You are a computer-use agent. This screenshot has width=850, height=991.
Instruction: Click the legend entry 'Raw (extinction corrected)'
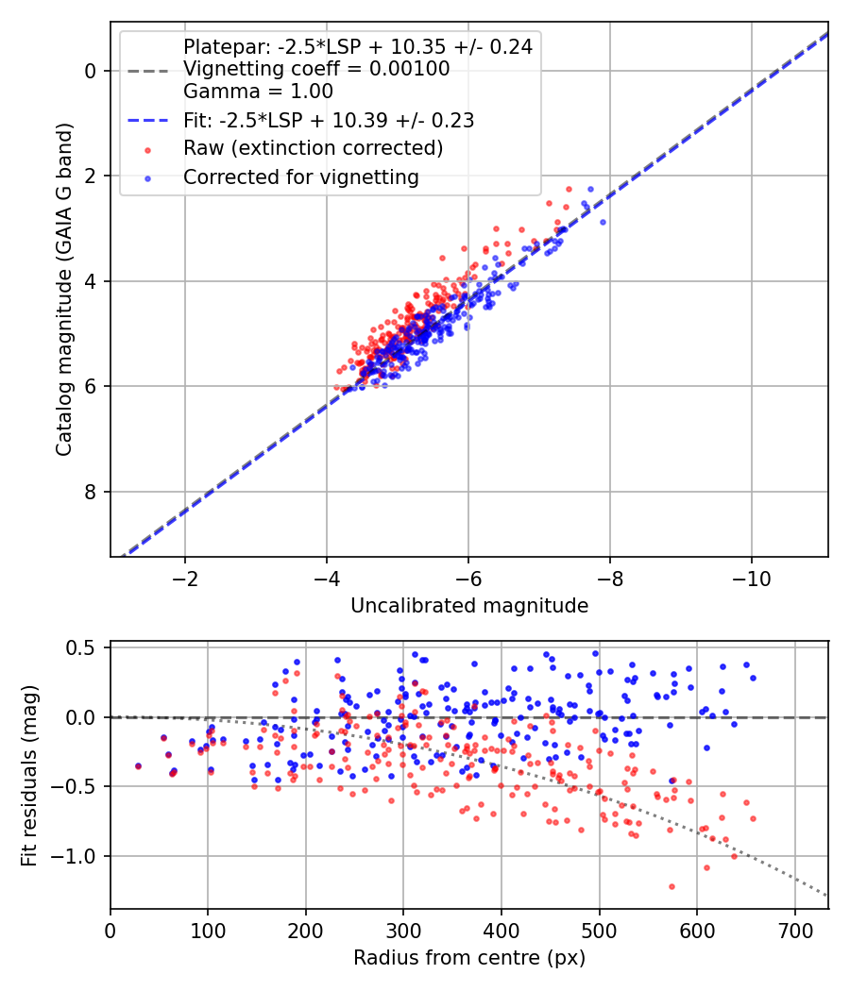[313, 148]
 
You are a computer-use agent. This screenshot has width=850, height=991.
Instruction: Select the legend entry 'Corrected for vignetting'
[301, 177]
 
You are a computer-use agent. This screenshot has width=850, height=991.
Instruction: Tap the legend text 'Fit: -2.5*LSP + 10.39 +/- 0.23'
[329, 120]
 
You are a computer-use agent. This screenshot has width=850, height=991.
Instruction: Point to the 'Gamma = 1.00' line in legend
[258, 91]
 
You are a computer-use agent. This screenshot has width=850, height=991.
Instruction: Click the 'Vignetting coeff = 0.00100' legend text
[316, 69]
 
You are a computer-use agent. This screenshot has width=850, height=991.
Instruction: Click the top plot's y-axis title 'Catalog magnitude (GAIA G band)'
[64, 290]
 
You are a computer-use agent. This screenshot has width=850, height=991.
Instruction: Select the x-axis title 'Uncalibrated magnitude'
[469, 606]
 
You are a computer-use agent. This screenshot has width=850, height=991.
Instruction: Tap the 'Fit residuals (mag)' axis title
[29, 776]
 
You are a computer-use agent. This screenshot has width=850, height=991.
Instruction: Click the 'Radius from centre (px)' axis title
[469, 958]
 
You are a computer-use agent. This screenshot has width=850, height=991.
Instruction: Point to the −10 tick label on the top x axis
[752, 579]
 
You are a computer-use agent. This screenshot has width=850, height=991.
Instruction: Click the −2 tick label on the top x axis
[185, 579]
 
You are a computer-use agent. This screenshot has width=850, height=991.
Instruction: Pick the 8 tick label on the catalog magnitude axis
[91, 492]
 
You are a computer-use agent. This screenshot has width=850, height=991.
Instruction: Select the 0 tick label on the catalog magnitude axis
[91, 71]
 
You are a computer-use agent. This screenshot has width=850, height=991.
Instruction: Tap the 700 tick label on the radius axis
[795, 931]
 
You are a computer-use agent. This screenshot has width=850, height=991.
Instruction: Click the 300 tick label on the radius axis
[403, 931]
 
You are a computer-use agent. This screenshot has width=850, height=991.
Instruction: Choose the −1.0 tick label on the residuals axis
[73, 856]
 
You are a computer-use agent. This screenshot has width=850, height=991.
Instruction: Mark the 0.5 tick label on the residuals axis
[81, 648]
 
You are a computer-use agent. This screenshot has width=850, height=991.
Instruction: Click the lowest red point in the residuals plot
[671, 887]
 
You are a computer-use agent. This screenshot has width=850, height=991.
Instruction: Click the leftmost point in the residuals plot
[139, 766]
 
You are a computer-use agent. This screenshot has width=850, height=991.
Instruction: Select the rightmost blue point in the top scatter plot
[603, 222]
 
